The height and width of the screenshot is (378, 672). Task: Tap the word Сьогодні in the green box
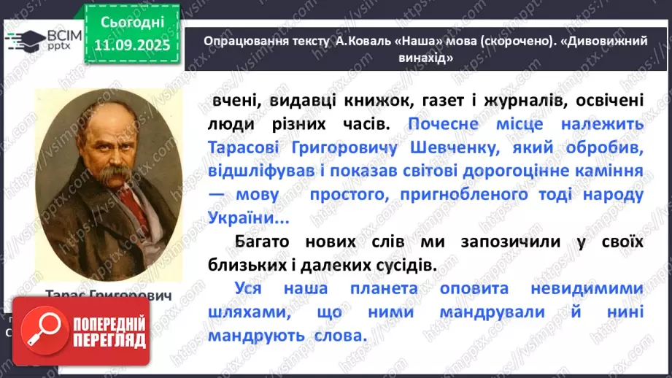click(132, 25)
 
